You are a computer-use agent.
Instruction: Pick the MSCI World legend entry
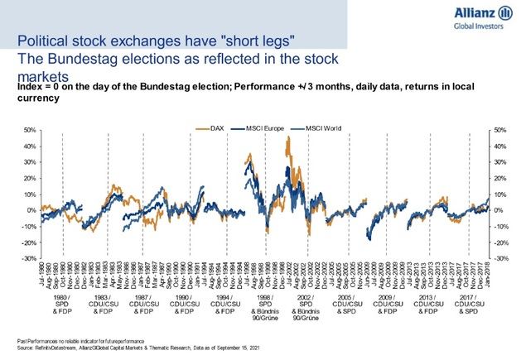coord(311,129)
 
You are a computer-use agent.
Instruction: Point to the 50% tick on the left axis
coord(28,131)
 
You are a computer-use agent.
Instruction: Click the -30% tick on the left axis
coord(27,259)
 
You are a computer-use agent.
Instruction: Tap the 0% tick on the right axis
coord(499,211)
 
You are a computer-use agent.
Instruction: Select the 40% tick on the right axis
coord(499,146)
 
